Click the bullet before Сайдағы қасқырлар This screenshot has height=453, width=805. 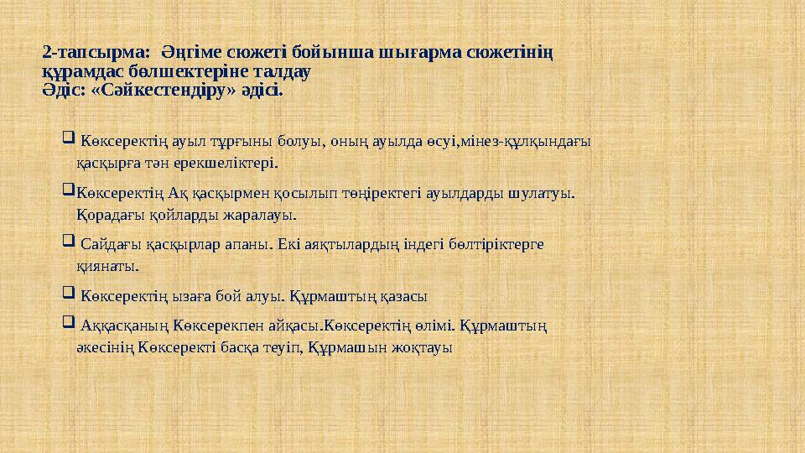point(69,243)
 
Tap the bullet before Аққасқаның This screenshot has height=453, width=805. point(69,322)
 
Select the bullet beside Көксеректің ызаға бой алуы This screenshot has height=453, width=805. point(69,295)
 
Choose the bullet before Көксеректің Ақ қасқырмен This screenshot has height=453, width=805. point(69,191)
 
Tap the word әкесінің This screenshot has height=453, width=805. point(106,345)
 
